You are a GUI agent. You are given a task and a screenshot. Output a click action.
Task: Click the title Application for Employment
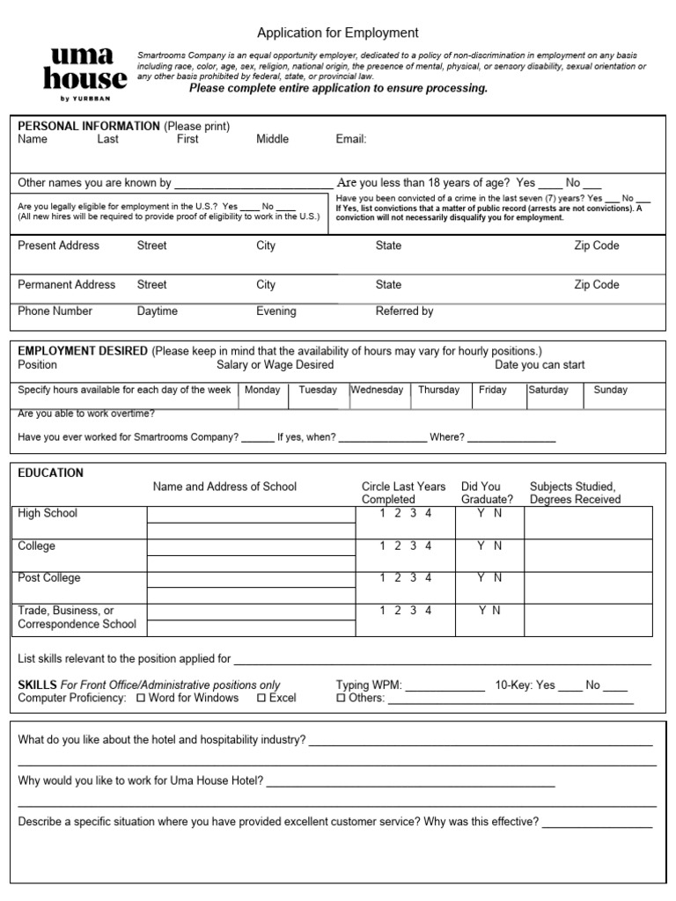tap(337, 33)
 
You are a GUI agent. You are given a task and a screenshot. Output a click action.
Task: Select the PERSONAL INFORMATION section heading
tap(89, 126)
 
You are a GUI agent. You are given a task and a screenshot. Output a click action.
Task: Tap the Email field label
tap(351, 139)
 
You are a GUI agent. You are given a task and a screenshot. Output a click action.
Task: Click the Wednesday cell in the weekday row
tap(377, 390)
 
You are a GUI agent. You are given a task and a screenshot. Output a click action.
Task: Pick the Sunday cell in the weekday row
tap(610, 390)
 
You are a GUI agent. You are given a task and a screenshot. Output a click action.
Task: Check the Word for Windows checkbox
tap(142, 698)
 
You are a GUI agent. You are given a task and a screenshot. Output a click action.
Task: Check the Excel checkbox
tap(261, 698)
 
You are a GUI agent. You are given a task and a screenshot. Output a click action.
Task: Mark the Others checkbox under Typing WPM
tap(342, 698)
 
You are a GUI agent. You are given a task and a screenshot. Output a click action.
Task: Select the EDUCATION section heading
tap(51, 472)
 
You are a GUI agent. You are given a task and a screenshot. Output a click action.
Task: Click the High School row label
tap(48, 513)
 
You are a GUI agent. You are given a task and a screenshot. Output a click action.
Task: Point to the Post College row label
tap(49, 578)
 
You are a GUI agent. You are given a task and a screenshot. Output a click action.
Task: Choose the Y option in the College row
tap(481, 546)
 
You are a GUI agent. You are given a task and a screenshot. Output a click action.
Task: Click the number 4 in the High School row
tap(429, 513)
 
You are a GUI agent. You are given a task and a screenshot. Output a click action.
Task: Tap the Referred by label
tap(404, 311)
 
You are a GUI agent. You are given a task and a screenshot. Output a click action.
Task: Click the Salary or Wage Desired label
tap(275, 364)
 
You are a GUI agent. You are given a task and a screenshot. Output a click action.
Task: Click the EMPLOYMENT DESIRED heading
tap(83, 350)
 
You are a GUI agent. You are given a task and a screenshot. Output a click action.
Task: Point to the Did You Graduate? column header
tap(486, 493)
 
